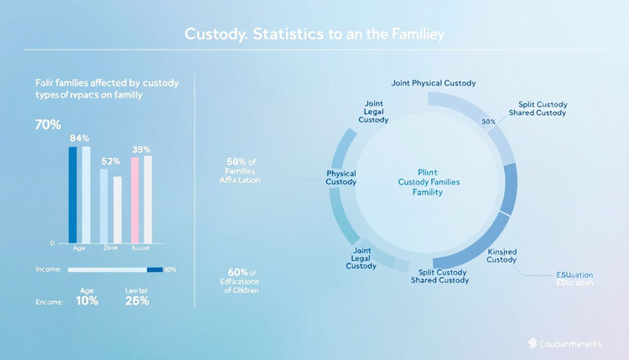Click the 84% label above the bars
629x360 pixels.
[x=80, y=138]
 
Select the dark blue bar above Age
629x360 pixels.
[x=73, y=193]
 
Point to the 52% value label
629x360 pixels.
[x=111, y=160]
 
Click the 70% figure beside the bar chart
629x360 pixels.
[x=48, y=125]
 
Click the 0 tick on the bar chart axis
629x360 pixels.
[x=52, y=243]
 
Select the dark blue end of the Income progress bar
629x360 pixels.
[x=154, y=269]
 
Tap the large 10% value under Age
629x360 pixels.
[x=86, y=301]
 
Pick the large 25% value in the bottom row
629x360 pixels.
[x=137, y=301]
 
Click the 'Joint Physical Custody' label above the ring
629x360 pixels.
[x=433, y=83]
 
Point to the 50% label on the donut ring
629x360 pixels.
[x=489, y=122]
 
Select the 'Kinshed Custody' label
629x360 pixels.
[x=502, y=255]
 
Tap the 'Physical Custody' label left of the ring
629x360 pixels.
[x=340, y=178]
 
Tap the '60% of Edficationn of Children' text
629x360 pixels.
[x=242, y=281]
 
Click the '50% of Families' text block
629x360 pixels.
[x=242, y=170]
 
